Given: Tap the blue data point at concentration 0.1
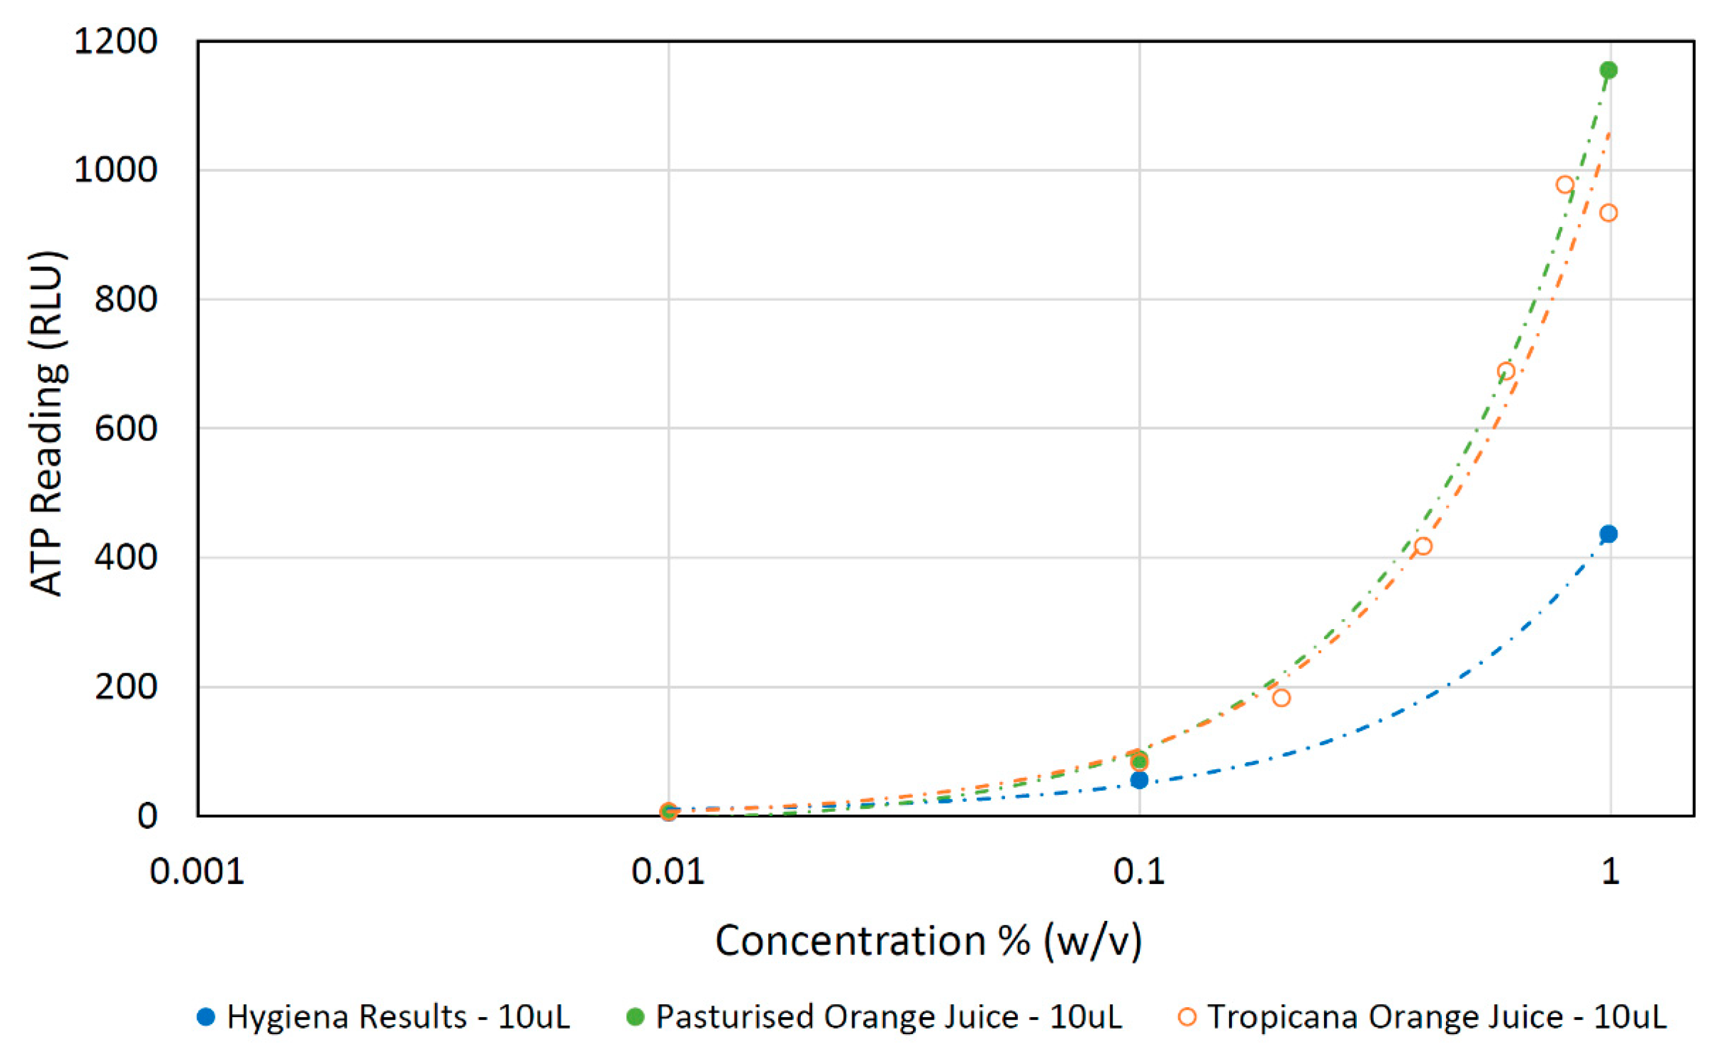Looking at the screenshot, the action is [x=1139, y=780].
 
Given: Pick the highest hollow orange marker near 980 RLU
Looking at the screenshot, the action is [x=1564, y=185].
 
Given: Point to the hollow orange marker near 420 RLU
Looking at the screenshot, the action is [x=1422, y=546].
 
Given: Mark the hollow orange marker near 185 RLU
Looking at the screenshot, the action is [x=1281, y=698].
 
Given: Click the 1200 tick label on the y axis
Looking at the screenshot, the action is [x=115, y=42].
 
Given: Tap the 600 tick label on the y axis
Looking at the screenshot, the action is [x=126, y=429].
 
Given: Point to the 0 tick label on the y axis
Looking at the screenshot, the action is [x=147, y=816].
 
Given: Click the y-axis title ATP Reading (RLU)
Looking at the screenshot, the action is [x=48, y=424].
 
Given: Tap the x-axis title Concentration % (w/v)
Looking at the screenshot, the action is [x=929, y=941].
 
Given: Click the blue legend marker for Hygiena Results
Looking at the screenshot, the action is [x=206, y=1017].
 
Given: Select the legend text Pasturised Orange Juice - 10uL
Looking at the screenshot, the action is [x=889, y=1018].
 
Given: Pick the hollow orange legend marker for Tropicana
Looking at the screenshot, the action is [x=1187, y=1017].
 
